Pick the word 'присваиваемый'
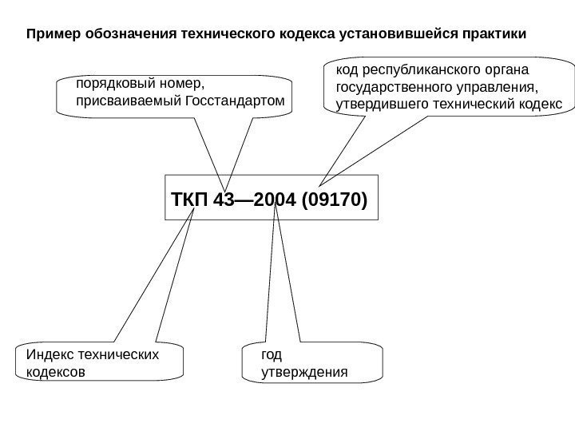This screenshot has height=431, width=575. (x=128, y=101)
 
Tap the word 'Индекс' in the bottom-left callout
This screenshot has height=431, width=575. (x=47, y=354)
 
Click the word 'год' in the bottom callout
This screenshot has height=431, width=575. (x=272, y=354)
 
